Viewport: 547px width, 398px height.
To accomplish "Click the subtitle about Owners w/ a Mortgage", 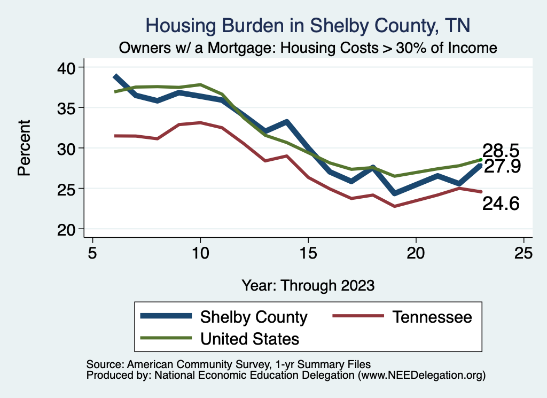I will tap(308, 48).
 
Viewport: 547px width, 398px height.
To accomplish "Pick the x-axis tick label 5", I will tap(92, 252).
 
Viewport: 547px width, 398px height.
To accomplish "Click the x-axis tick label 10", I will tap(200, 252).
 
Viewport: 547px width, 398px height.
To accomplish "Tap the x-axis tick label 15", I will tap(308, 252).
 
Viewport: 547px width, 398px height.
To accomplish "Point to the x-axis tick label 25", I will tap(523, 252).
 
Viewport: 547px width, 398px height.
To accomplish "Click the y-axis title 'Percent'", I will tap(24, 148).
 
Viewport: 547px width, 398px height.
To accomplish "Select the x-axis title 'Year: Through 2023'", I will tap(308, 285).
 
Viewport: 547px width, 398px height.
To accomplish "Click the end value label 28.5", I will tap(501, 150).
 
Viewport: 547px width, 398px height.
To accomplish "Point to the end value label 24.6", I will tap(501, 203).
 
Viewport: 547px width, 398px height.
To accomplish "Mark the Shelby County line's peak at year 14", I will tap(286, 122).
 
